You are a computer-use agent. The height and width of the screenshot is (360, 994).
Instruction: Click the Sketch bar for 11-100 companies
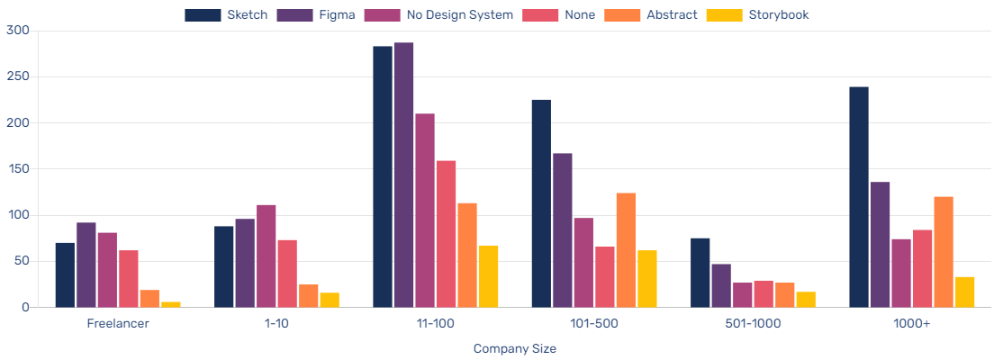383,176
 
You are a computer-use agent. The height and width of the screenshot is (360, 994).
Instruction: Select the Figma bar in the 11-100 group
403,175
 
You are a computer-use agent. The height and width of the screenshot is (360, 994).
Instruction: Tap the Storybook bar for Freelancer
171,304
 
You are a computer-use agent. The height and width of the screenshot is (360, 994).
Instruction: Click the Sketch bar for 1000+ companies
859,197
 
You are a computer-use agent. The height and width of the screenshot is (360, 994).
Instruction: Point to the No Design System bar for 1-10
267,256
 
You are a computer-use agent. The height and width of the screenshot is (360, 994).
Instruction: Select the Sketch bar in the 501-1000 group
700,273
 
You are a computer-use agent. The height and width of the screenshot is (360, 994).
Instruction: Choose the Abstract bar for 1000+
944,252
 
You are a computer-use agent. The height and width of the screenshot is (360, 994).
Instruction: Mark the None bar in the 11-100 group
446,234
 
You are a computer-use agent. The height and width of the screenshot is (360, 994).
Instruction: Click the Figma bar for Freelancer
86,265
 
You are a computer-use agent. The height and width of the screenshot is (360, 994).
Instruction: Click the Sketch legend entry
226,14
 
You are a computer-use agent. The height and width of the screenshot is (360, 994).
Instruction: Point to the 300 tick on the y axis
18,31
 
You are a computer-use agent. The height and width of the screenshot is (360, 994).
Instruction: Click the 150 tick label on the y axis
18,169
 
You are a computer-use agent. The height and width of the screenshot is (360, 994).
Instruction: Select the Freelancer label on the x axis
118,324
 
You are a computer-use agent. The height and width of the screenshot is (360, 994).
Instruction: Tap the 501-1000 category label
753,324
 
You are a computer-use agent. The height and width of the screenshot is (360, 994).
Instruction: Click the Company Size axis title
515,348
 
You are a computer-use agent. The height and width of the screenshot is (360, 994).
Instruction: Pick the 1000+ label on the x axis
912,324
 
